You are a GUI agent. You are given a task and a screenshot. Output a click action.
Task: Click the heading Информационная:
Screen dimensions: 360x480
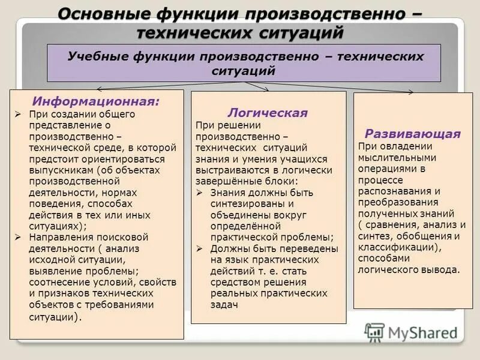pos(96,101)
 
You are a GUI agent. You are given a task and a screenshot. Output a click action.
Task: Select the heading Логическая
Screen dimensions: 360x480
pos(268,113)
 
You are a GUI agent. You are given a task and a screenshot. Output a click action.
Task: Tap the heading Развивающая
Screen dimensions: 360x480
pos(413,133)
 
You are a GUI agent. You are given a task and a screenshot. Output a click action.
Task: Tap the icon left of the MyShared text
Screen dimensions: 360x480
pos(374,332)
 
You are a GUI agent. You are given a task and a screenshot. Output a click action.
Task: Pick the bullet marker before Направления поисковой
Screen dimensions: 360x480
pos(18,237)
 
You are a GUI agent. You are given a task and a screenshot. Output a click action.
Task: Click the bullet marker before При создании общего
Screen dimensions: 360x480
pos(18,114)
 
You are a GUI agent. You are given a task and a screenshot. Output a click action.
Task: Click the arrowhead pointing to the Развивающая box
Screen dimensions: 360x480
pos(411,92)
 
